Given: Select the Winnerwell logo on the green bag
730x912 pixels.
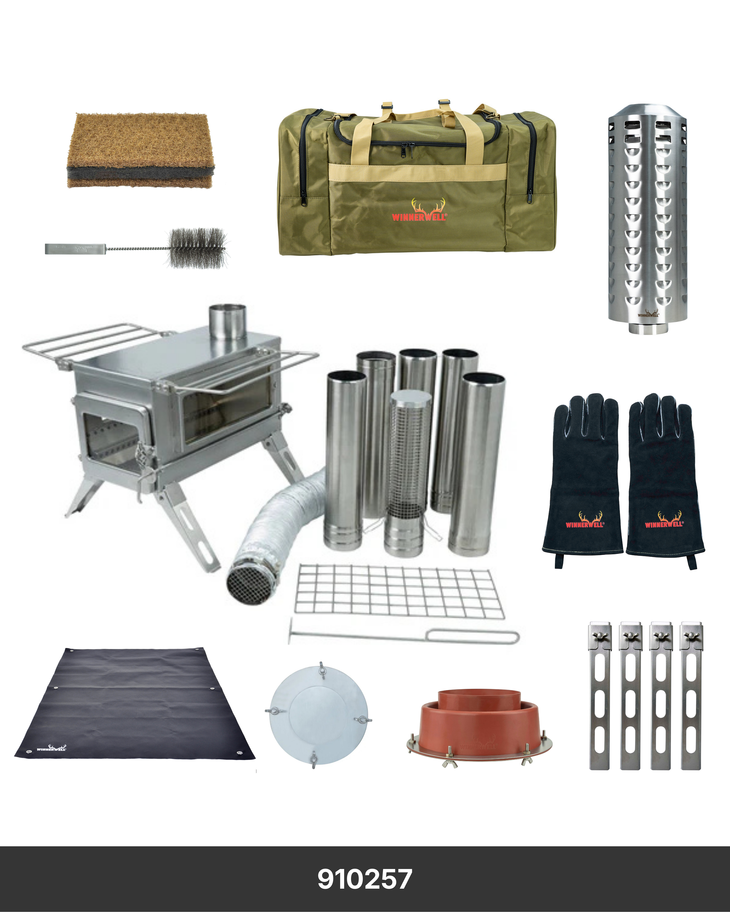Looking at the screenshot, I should (x=419, y=211).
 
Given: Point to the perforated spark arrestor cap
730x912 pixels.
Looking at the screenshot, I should (x=647, y=218).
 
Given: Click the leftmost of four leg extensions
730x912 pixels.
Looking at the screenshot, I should (x=600, y=698).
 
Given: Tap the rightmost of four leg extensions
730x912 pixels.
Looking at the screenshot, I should (x=691, y=698).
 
